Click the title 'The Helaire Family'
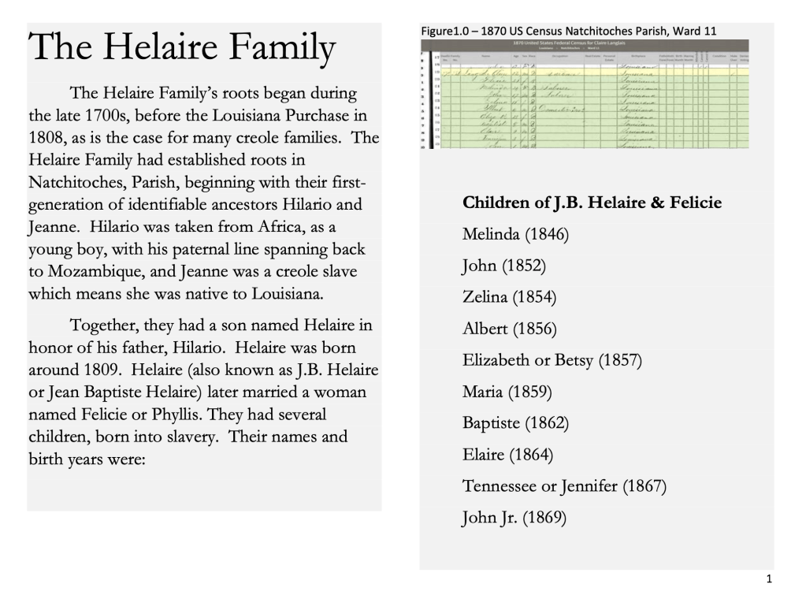[183, 49]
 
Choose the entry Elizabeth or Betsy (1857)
[552, 360]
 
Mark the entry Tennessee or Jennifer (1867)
[564, 486]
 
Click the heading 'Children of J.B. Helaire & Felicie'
[592, 203]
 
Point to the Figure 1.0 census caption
[569, 31]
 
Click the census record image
[585, 93]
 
